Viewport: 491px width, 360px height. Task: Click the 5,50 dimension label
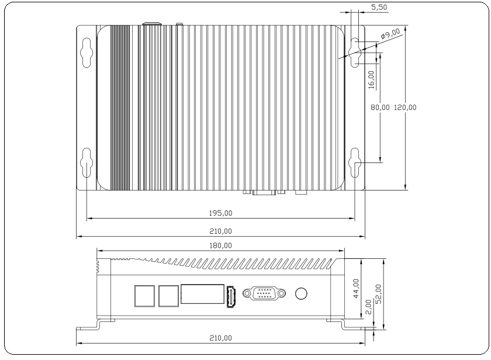pos(379,7)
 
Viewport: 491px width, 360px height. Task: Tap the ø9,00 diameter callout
pos(390,33)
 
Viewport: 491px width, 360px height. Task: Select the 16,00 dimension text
pos(371,79)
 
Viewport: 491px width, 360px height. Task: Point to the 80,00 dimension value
pos(380,108)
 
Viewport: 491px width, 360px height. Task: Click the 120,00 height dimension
pos(405,108)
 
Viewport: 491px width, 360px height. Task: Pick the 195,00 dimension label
pos(220,213)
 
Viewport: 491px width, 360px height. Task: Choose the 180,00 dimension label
pos(220,245)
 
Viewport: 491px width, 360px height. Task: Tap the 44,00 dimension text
pos(356,288)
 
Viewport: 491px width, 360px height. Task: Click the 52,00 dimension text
pos(378,293)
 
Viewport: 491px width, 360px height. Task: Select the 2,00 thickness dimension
pos(369,307)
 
